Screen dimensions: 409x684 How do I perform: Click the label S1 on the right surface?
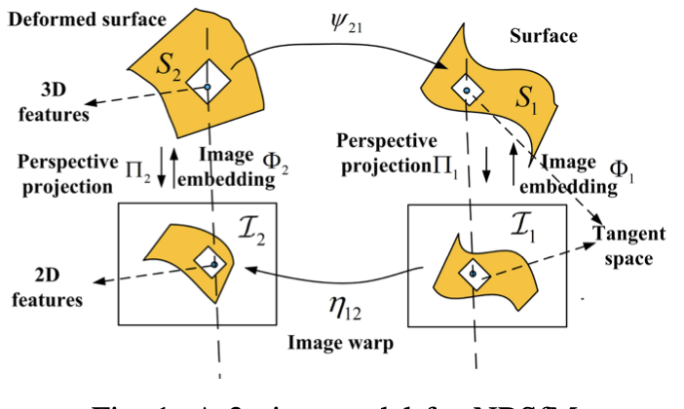point(525,97)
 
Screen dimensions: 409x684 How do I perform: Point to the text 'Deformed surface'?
point(73,17)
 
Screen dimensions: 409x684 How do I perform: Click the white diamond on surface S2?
point(209,85)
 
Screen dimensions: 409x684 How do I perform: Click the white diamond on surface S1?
point(468,90)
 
